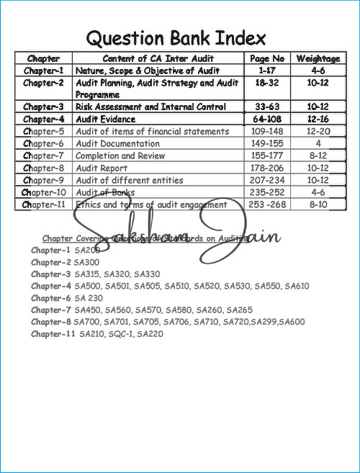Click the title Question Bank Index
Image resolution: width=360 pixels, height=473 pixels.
176,37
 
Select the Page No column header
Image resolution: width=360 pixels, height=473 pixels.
267,58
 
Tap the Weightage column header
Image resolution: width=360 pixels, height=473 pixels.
318,58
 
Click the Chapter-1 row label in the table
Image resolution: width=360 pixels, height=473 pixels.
43,71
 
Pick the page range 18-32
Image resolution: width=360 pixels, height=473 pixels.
267,83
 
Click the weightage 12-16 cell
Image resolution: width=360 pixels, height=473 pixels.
318,119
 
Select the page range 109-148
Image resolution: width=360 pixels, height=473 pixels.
267,131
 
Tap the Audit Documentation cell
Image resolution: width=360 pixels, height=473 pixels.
120,143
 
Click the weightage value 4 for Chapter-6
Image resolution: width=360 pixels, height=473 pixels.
318,143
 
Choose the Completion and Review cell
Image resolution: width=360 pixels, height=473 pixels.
120,156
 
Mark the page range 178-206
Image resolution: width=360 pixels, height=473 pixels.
267,168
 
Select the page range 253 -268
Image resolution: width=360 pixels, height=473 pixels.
267,204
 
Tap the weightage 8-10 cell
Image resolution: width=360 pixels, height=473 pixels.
318,204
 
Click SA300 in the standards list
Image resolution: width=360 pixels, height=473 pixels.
87,262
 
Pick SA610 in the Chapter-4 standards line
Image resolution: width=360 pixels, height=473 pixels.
297,286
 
